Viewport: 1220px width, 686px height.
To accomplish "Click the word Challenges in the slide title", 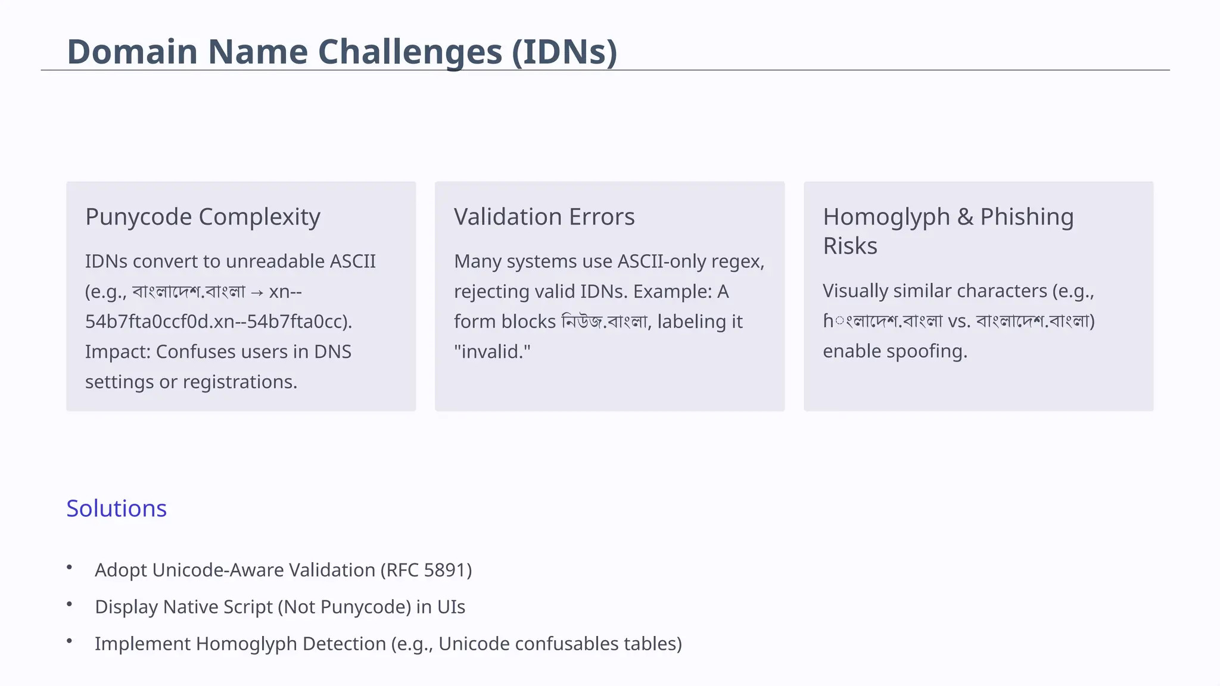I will click(x=354, y=52).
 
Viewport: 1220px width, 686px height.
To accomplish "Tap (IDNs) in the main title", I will click(x=564, y=52).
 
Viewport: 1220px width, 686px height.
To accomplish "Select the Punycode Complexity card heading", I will click(x=203, y=217).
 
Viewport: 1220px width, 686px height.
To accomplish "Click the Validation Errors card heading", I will click(x=544, y=217).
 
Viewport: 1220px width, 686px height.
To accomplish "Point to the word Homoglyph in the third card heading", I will click(x=886, y=217).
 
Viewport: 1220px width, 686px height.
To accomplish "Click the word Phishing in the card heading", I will click(x=1026, y=217).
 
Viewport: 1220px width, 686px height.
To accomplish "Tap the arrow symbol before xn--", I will click(x=257, y=292).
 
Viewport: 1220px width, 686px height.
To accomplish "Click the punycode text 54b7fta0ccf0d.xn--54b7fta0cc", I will click(x=218, y=322).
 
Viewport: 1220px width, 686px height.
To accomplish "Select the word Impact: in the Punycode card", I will click(x=118, y=352).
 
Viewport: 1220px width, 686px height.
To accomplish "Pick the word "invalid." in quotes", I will click(x=492, y=352).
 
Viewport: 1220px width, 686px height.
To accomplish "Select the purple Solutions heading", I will click(x=117, y=509).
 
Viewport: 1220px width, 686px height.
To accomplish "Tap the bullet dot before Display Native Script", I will click(x=70, y=604).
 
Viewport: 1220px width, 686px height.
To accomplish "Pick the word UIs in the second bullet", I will click(x=451, y=607).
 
